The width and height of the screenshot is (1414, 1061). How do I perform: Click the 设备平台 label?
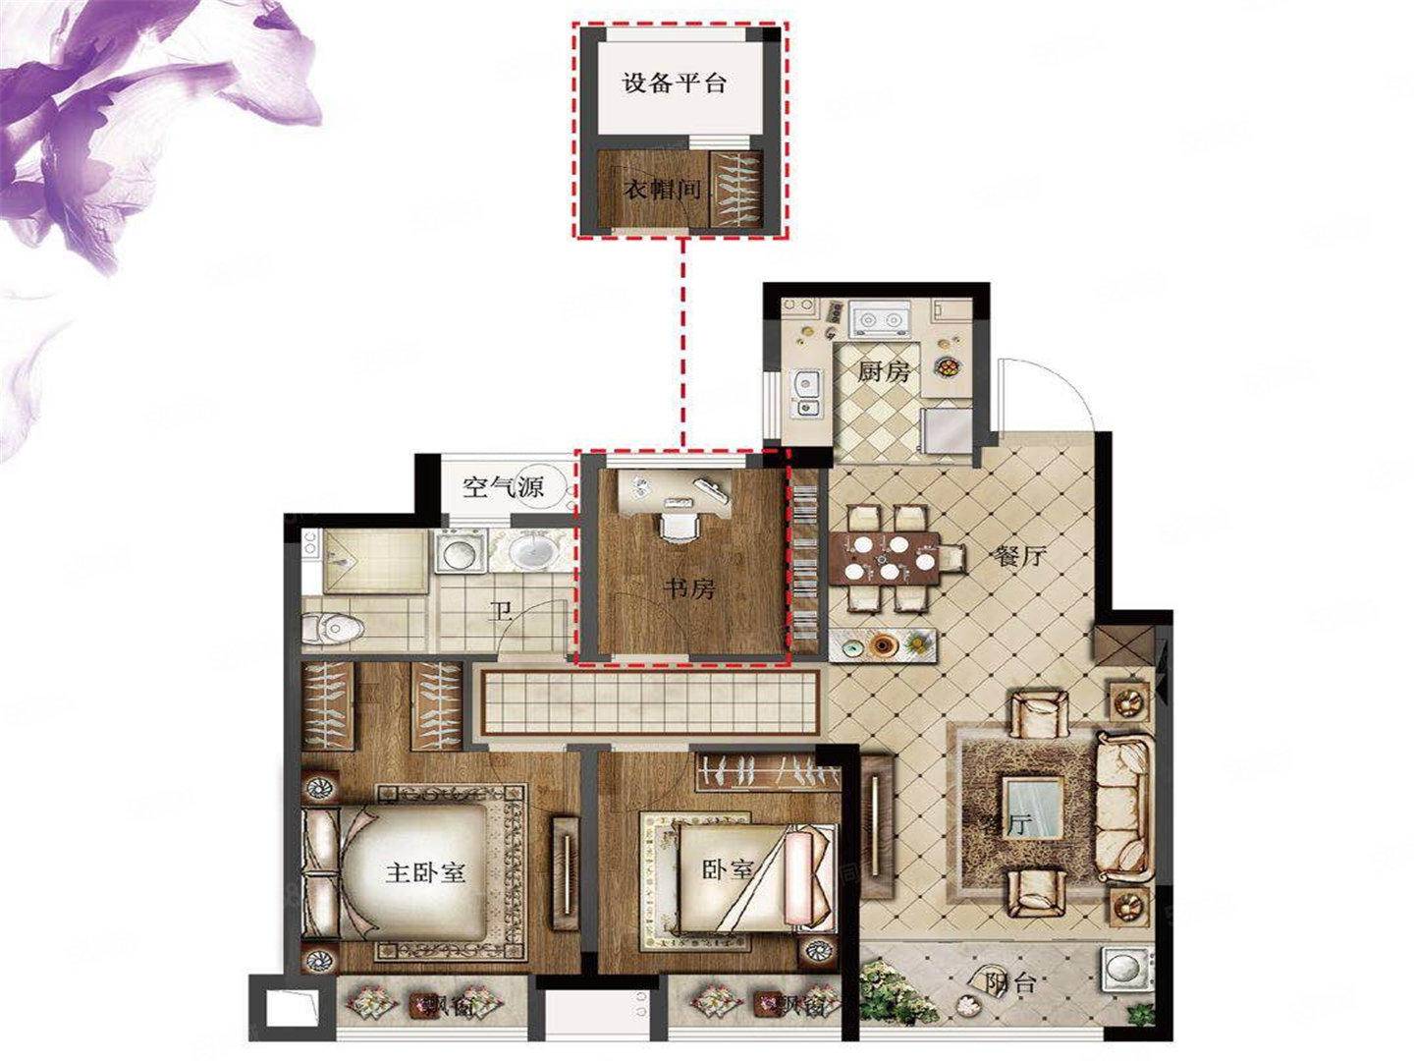point(675,83)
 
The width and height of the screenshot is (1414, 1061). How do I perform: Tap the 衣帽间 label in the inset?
point(664,189)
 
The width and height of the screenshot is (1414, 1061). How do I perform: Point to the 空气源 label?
point(504,486)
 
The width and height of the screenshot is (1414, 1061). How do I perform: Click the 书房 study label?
point(689,588)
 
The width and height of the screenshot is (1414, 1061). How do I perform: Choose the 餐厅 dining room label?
point(1020,557)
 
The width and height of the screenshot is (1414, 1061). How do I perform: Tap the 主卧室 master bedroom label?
point(425,871)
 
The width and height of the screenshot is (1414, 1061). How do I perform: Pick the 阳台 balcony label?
point(1008,982)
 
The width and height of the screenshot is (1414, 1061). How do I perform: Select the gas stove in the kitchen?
point(881,319)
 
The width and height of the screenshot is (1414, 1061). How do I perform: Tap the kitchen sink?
point(807,390)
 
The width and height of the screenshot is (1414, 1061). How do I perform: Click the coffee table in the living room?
point(1033,808)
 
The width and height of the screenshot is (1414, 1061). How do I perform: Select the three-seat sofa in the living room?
point(1125,806)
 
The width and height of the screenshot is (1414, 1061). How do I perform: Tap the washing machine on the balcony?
point(1123,969)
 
